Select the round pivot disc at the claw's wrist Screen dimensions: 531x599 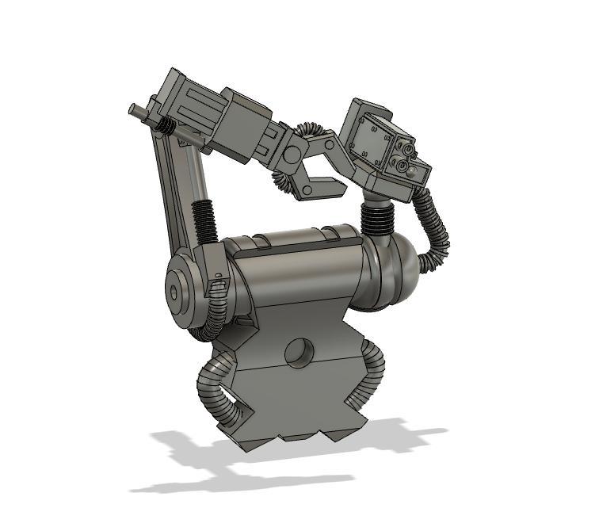click(295, 152)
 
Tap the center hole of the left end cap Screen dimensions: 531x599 click(174, 292)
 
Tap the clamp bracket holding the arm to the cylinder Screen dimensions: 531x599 click(216, 273)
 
